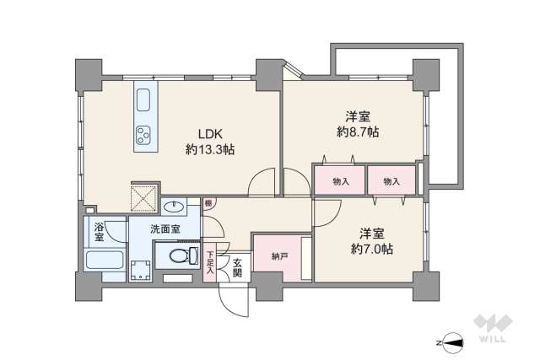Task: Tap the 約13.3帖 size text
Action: point(210,149)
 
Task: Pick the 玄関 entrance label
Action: point(238,268)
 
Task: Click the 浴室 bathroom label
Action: point(99,231)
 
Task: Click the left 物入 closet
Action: point(340,180)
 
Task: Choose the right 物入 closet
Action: point(391,180)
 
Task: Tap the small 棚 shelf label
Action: point(208,203)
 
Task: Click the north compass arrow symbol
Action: point(451,341)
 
